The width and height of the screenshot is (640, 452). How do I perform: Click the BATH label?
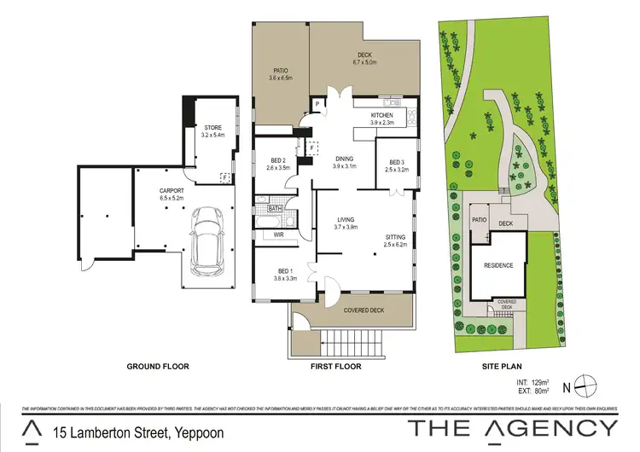pos(276,208)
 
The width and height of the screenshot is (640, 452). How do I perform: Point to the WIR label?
pos(278,235)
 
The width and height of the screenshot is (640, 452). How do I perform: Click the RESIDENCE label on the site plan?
pos(498,265)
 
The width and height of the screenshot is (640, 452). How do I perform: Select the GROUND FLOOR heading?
pos(158,366)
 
